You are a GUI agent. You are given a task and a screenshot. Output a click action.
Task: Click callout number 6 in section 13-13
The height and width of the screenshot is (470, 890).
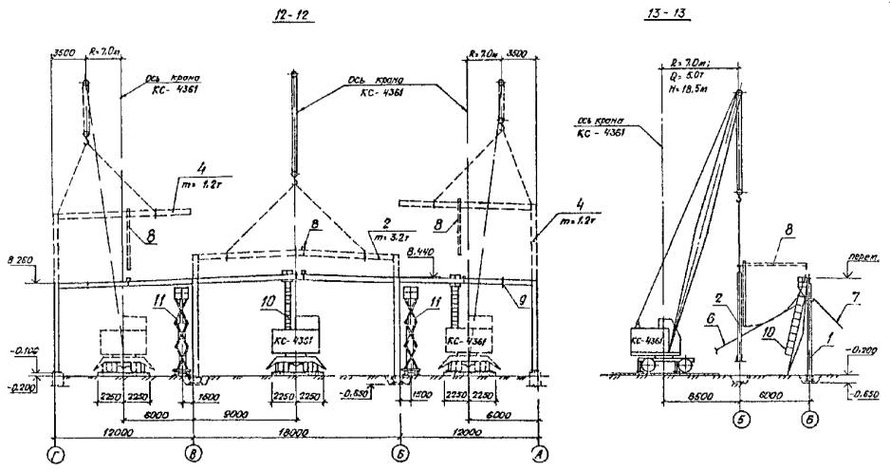coord(710,324)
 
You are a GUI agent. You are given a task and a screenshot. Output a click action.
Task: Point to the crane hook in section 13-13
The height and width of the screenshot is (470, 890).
coord(740,201)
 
